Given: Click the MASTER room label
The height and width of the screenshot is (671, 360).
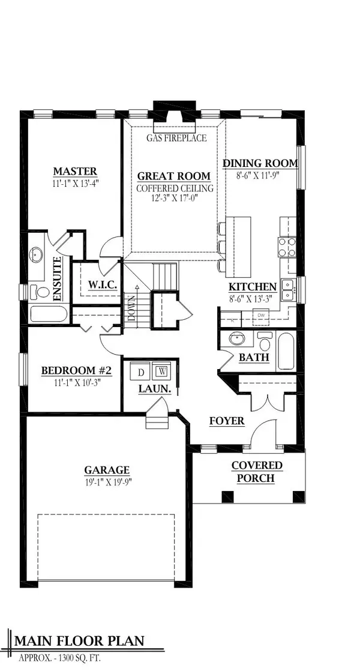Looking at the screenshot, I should pos(74,172).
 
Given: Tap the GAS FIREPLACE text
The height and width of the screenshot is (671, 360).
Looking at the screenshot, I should pos(176,138).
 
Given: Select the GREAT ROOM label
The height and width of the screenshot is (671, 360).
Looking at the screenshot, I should pos(174,176).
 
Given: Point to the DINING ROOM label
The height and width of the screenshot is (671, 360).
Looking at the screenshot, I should pos(260,163).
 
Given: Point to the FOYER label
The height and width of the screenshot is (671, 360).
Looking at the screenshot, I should pos(226,421).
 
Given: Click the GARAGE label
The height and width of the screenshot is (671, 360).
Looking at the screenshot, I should pos(107,471).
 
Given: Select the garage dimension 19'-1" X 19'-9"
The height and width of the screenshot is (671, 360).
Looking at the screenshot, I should pos(107,482).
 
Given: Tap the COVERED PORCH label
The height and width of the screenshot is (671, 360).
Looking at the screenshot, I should pos(257,472).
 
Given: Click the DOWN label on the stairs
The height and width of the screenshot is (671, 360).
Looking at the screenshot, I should pos(131,310).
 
